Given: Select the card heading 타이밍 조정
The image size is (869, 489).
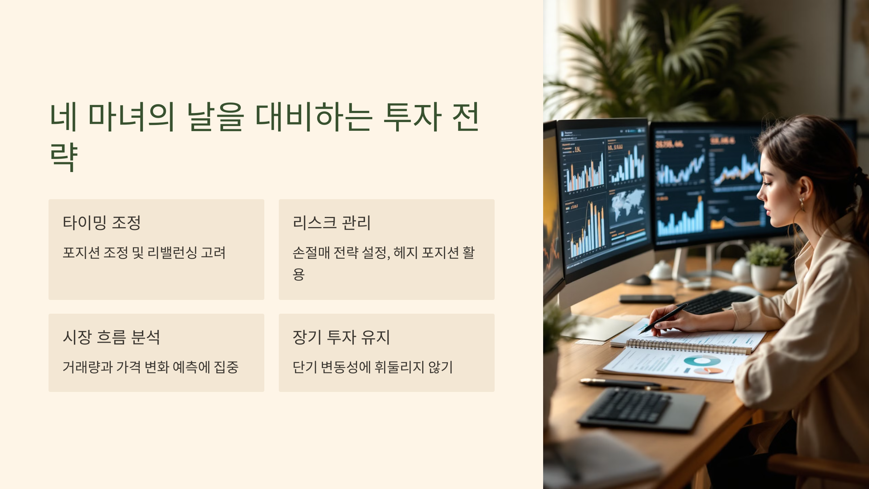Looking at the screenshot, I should coord(102,223).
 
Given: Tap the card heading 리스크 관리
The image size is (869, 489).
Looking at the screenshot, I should coord(332,223).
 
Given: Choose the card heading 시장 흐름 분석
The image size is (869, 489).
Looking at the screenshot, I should coord(111,337).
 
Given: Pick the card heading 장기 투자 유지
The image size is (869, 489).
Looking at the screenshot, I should coord(341,337).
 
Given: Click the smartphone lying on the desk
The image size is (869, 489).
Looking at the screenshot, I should coord(647,299).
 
